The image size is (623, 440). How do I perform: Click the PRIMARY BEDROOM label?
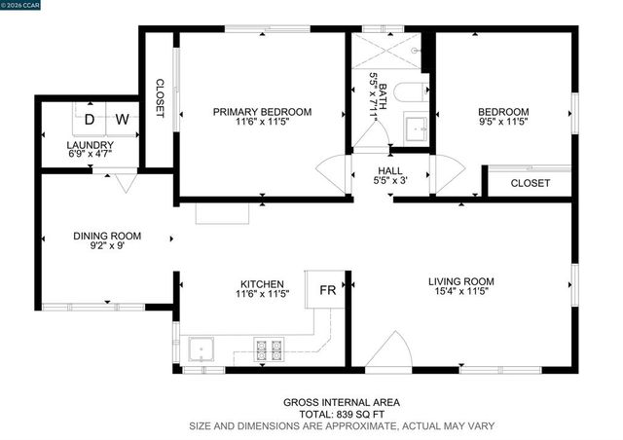[263, 112]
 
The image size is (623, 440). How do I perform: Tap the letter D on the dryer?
[90, 120]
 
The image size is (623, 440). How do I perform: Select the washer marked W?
[123, 120]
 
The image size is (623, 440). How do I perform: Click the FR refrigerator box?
[328, 290]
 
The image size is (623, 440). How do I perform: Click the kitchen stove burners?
[269, 348]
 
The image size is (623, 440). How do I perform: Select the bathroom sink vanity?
[416, 128]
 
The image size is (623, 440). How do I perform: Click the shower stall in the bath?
[387, 48]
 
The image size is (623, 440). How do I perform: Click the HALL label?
[390, 171]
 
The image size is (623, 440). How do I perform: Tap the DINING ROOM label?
[107, 236]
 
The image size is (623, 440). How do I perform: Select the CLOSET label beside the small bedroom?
[530, 183]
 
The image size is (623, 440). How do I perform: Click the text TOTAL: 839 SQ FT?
[341, 414]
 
